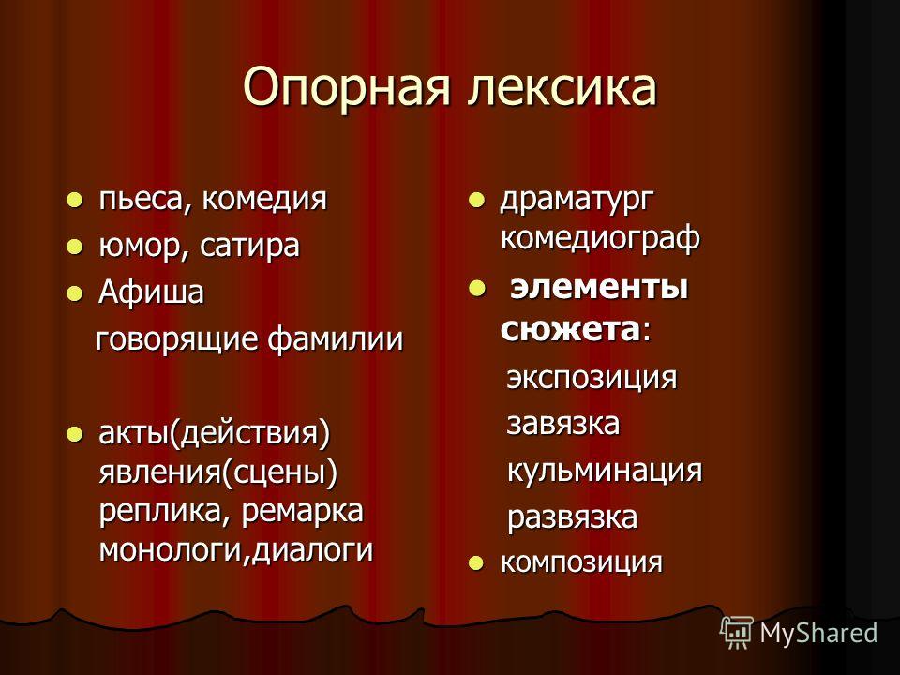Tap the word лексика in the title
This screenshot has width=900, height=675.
(x=562, y=88)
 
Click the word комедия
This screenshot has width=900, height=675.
(x=264, y=200)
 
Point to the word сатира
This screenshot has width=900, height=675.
(x=249, y=247)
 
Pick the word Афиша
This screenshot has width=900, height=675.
(x=151, y=292)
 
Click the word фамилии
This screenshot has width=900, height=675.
(x=336, y=338)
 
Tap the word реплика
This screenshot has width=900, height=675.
(x=159, y=511)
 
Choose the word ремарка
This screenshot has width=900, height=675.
(x=303, y=511)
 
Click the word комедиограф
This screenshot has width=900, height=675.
(x=600, y=237)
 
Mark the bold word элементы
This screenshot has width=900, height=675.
(x=599, y=287)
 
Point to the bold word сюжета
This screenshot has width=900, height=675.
(x=569, y=330)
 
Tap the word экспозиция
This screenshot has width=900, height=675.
(x=592, y=378)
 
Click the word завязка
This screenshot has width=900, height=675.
(x=563, y=424)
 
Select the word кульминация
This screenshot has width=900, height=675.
(x=605, y=471)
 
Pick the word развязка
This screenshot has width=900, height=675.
(x=572, y=517)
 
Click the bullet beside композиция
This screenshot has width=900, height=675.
(x=474, y=563)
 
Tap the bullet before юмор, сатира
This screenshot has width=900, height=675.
(x=74, y=247)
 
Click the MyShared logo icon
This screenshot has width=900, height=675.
(x=737, y=632)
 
